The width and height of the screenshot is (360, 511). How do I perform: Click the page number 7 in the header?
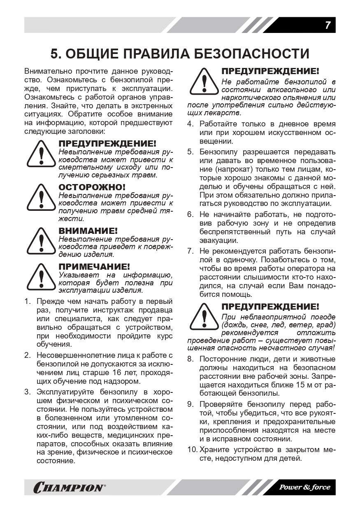point(327,25)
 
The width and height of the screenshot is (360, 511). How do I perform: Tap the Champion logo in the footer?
point(68,488)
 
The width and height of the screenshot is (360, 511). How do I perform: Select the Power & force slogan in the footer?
point(305,487)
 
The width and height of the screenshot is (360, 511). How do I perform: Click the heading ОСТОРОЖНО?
point(92,187)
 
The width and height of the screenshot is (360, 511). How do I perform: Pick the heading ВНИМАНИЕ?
point(88,231)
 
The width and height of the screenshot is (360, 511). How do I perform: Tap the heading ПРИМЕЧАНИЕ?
point(94,266)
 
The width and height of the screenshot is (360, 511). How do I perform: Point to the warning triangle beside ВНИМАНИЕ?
point(41,242)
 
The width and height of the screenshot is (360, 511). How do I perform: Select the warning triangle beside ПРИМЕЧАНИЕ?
point(41,278)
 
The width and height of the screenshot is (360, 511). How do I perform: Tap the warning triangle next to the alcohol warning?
point(204,81)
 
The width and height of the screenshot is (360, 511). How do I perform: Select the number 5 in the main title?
point(55,54)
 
